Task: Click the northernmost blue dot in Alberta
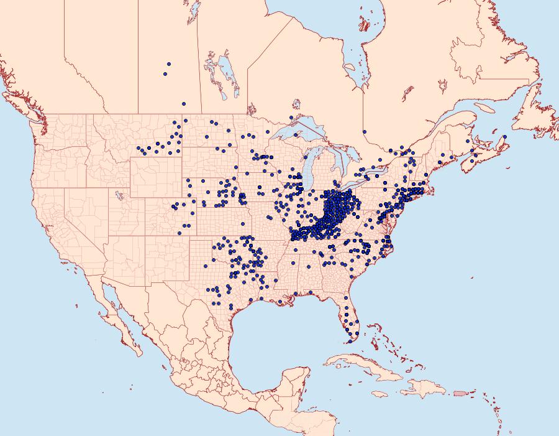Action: [x=168, y=63]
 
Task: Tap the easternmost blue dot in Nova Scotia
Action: [x=505, y=137]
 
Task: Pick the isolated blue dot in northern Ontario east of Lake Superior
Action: [x=365, y=132]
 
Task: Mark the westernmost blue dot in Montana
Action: [x=139, y=148]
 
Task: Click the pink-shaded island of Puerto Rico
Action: [x=459, y=393]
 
